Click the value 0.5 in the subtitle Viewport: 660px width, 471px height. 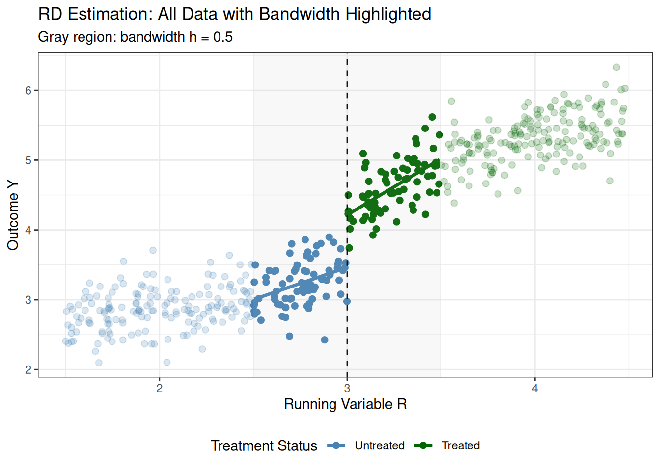pyautogui.click(x=223, y=37)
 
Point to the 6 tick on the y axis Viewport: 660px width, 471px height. pyautogui.click(x=28, y=90)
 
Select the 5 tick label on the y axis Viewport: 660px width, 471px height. pyautogui.click(x=28, y=160)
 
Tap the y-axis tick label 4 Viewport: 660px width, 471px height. pyautogui.click(x=28, y=230)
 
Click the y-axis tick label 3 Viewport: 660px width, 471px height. pyautogui.click(x=28, y=300)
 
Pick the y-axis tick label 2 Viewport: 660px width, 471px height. pyautogui.click(x=28, y=370)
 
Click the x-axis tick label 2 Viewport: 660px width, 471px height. pyautogui.click(x=159, y=389)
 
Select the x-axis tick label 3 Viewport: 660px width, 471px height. pyautogui.click(x=347, y=389)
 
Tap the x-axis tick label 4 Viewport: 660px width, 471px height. pyautogui.click(x=535, y=389)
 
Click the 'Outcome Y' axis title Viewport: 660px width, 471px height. pyautogui.click(x=13, y=215)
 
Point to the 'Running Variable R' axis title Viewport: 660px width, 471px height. pyautogui.click(x=345, y=404)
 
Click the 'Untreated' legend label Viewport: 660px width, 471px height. pyautogui.click(x=380, y=445)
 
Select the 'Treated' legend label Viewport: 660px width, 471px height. pyautogui.click(x=461, y=445)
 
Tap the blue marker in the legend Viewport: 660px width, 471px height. pyautogui.click(x=336, y=445)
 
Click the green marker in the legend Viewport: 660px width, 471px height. pyautogui.click(x=423, y=445)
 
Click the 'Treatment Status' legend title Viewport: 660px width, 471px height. pyautogui.click(x=264, y=445)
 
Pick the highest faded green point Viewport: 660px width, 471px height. pyautogui.click(x=616, y=67)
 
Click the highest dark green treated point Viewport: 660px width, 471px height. pyautogui.click(x=432, y=117)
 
